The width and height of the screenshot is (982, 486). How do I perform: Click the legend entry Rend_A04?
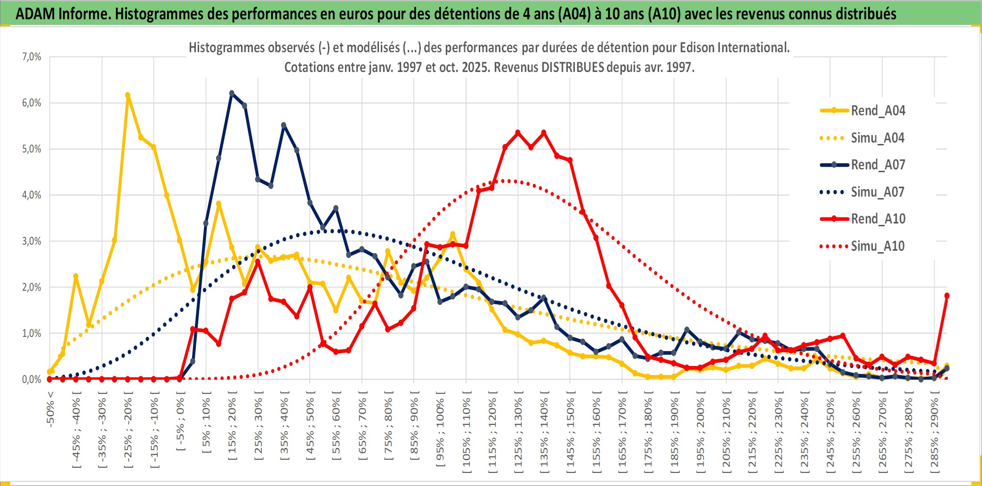(x=877, y=111)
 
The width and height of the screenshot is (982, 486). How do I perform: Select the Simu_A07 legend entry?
(x=877, y=192)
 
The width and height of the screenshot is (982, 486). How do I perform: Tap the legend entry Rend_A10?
(x=877, y=219)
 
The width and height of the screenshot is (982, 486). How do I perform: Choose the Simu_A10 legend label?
(x=877, y=246)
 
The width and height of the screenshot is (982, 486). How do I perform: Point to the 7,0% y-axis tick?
(x=32, y=57)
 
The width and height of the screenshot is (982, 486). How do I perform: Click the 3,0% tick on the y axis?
(x=32, y=241)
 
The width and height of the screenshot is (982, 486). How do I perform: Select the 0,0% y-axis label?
(x=32, y=380)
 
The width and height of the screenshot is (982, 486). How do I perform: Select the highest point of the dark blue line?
(x=232, y=93)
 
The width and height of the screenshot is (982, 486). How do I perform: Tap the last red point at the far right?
(x=947, y=295)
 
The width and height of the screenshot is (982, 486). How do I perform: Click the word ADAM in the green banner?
(x=35, y=14)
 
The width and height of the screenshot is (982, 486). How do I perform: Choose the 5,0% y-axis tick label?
(x=32, y=149)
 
